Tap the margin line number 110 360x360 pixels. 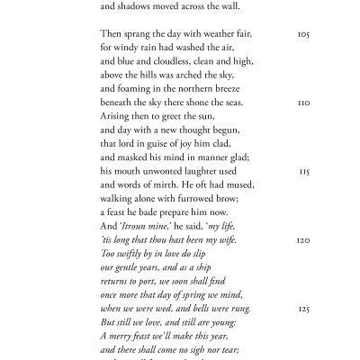303,102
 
